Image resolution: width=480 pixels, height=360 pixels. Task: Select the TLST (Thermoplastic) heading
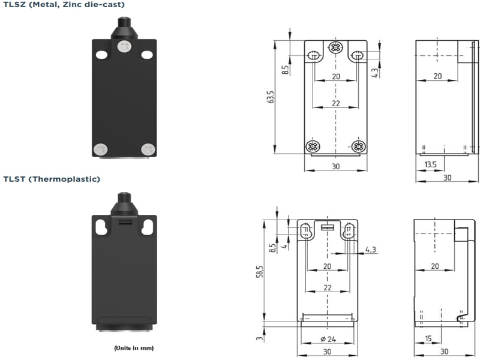point(52,179)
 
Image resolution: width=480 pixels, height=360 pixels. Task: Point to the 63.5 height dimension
point(269,97)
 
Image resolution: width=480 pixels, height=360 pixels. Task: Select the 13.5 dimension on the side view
point(430,165)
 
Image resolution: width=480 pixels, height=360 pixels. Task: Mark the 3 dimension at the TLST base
point(259,338)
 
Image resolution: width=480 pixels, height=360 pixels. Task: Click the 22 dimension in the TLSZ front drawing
point(335,103)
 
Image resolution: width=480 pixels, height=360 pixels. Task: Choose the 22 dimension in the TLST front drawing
point(327,288)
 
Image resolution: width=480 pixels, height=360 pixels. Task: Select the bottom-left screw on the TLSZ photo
point(100,149)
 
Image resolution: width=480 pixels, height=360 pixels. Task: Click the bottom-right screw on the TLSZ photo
point(146,149)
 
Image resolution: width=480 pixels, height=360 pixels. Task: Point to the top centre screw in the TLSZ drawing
point(335,48)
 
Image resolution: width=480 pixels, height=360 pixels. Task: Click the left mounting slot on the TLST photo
point(100,227)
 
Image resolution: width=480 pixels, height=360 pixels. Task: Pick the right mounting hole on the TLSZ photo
point(146,55)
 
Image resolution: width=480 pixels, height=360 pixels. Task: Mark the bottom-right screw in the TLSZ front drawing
point(358,146)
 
